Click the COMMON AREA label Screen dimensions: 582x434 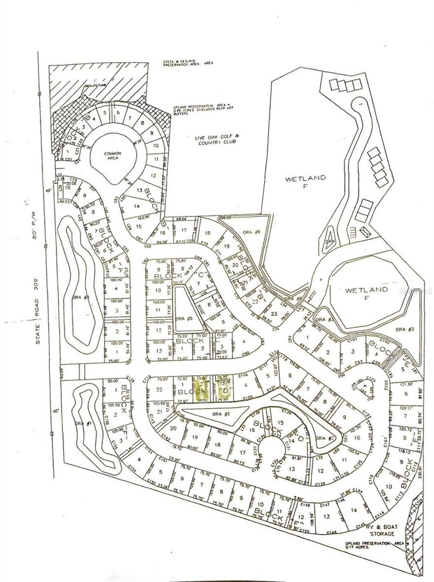[x=112, y=156]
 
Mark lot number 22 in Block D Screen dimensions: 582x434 [x=159, y=390]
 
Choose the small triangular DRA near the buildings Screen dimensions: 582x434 [x=330, y=241]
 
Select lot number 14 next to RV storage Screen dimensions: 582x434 [x=353, y=510]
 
